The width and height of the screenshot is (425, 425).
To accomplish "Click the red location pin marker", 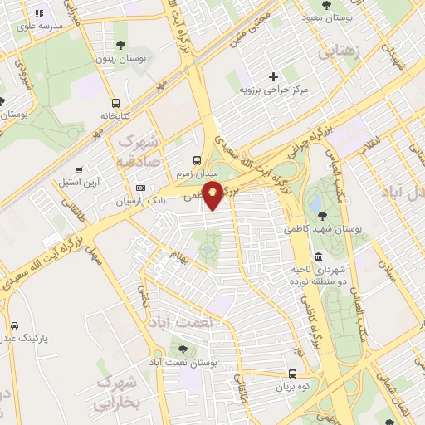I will pos(212,196).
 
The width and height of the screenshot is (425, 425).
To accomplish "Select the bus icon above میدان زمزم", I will pos(196,159).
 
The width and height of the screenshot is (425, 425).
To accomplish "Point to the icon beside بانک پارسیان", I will pos(140,188).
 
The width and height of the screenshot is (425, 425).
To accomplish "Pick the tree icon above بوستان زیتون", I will pos(120,46).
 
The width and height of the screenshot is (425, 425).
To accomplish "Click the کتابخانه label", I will pos(116,115).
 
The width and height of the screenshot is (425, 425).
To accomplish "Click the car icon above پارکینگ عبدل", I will pos(14,325).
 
